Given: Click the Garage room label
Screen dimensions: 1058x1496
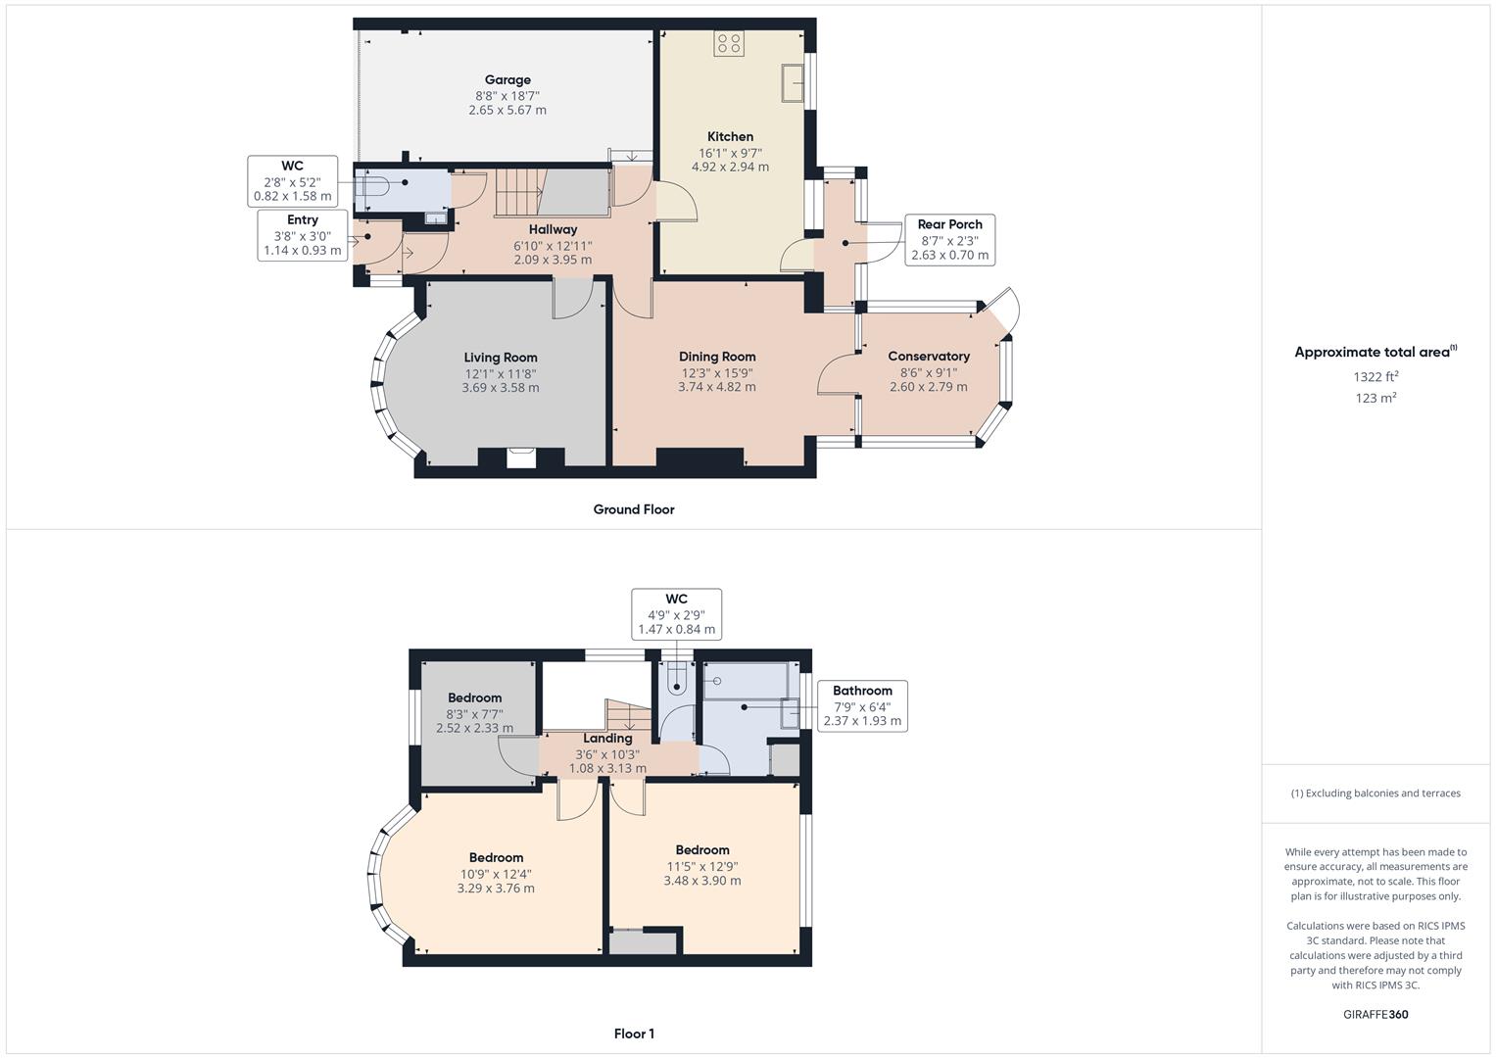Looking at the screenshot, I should [507, 80].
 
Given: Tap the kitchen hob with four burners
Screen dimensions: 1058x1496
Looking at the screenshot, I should [729, 43].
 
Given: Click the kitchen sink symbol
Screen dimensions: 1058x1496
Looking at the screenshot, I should [793, 83].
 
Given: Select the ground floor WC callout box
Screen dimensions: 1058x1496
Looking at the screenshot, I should [292, 181].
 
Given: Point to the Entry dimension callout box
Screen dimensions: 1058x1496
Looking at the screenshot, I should [302, 235].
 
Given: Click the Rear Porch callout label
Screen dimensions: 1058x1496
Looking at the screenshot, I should [949, 240].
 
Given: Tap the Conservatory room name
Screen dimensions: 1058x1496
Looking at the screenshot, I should [929, 357].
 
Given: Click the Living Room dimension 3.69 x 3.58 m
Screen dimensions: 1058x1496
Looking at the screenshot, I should [501, 388].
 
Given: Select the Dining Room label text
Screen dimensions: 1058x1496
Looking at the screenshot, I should [717, 357].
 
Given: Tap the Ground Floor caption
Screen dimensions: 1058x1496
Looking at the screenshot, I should [634, 509].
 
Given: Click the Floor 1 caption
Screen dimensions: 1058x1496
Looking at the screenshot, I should [634, 1034].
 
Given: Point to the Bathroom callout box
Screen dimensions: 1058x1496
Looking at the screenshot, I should [862, 705].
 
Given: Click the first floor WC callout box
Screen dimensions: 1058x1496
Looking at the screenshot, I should [676, 614].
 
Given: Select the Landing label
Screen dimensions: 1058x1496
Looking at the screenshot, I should [607, 739].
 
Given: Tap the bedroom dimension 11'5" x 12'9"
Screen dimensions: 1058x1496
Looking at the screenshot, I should [702, 866].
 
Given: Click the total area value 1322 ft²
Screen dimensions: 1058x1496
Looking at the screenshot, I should [1375, 377].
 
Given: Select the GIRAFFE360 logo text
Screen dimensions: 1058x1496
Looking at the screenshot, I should [1375, 1014].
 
